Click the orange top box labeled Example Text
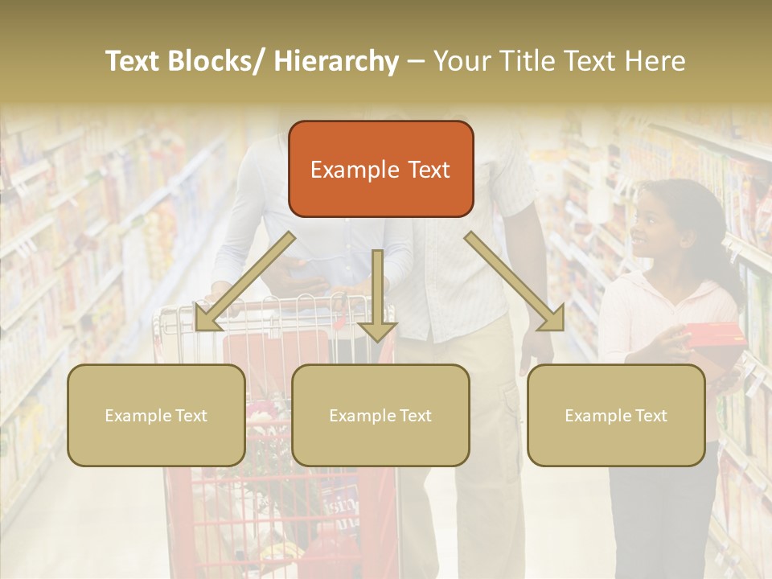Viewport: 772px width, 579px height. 380,169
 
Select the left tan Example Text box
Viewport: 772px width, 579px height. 156,415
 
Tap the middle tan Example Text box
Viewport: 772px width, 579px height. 380,415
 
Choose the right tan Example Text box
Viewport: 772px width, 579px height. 616,415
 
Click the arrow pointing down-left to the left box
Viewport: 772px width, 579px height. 241,281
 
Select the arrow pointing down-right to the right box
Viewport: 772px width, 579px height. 515,281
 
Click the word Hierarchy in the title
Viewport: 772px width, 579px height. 335,61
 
